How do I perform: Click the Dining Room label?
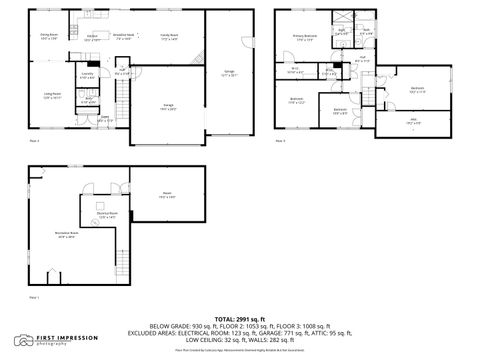click(x=48, y=36)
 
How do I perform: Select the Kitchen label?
click(x=91, y=36)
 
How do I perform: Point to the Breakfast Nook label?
click(x=125, y=36)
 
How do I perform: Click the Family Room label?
click(x=169, y=36)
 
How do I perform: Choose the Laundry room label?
click(x=88, y=75)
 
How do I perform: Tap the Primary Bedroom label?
click(x=304, y=39)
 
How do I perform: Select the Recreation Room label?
click(x=68, y=236)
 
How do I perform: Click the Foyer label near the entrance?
click(x=105, y=118)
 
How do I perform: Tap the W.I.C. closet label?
click(x=295, y=70)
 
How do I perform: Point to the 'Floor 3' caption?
click(x=281, y=142)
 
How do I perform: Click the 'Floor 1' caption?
click(x=34, y=297)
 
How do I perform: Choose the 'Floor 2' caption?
click(x=34, y=142)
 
